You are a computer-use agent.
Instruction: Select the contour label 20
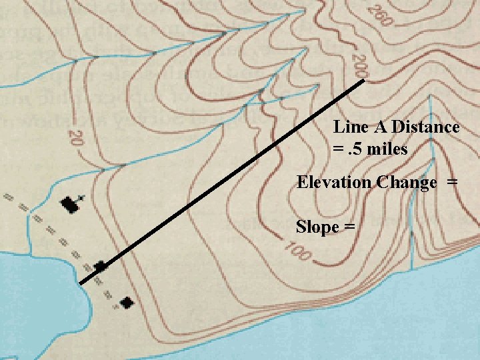click(75, 139)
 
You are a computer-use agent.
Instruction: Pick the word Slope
click(317, 227)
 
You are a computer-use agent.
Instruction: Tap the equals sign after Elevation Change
click(452, 182)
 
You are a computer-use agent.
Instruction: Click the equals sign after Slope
click(349, 227)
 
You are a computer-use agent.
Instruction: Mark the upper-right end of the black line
click(363, 81)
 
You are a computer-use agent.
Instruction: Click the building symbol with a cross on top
click(69, 204)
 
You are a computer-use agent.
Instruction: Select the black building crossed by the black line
click(100, 267)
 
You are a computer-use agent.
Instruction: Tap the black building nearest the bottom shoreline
click(126, 303)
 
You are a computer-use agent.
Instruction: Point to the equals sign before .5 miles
click(337, 149)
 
